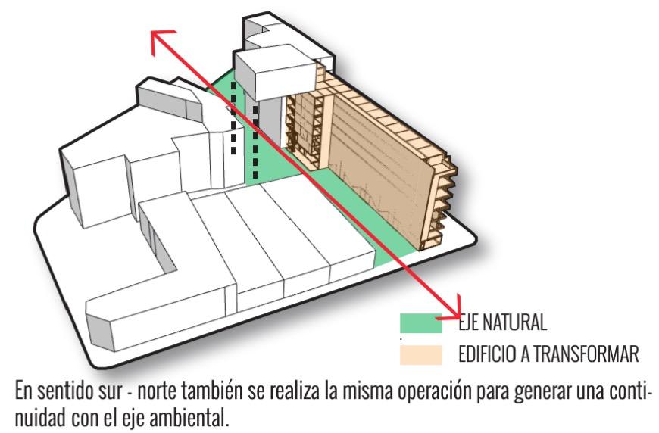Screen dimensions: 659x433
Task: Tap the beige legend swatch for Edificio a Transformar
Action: [420, 353]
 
